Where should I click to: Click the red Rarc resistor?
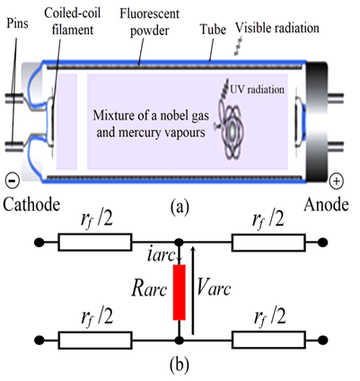[x=180, y=292]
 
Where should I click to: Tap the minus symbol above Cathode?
[x=13, y=181]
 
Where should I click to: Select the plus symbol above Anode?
[x=337, y=181]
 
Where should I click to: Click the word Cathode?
[x=31, y=205]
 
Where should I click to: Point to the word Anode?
[x=327, y=205]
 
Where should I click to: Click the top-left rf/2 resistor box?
[x=95, y=242]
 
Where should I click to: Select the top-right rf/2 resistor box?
[x=268, y=243]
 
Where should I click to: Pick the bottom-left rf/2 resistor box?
[x=95, y=340]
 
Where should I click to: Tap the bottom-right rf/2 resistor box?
[x=268, y=340]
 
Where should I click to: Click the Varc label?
[x=214, y=288]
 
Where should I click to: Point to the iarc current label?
[x=162, y=255]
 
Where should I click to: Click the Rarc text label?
[x=149, y=289]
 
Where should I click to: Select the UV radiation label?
[x=257, y=89]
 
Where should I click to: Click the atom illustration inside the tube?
[x=230, y=124]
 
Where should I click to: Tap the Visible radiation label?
[x=277, y=28]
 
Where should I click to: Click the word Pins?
[x=17, y=23]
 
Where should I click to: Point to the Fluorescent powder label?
[x=150, y=22]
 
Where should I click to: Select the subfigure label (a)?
[x=180, y=207]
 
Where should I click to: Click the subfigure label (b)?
[x=180, y=364]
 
